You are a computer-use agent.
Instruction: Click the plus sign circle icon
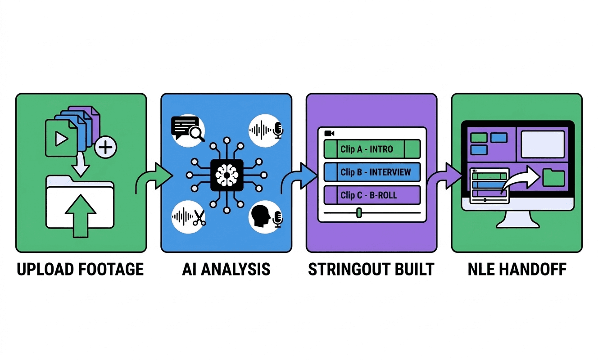[x=105, y=147]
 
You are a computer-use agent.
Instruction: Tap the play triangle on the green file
[x=60, y=139]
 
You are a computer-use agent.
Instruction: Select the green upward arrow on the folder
[x=81, y=216]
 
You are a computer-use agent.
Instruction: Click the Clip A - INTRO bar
[x=372, y=149]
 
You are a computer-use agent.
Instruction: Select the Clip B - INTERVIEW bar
[x=372, y=172]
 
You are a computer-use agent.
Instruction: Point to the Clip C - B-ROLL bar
[x=372, y=195]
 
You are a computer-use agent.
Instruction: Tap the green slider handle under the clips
[x=359, y=212]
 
